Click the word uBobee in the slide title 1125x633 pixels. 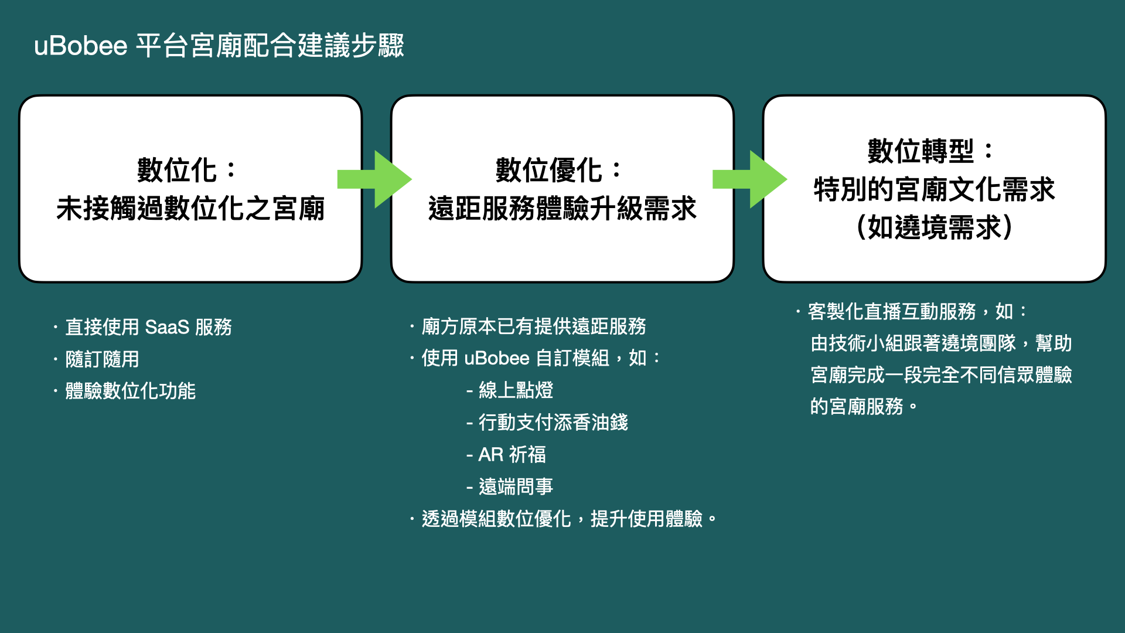coord(81,46)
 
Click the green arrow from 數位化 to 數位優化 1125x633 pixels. coord(374,179)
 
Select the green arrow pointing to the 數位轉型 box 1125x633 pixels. coord(749,179)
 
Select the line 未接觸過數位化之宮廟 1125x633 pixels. coord(190,209)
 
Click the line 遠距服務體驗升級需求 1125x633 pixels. coord(562,209)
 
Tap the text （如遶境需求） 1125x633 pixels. coord(935,227)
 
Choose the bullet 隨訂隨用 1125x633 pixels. coord(102,359)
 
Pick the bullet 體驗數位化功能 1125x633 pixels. coord(130,391)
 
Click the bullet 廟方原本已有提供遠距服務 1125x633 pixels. coord(534,326)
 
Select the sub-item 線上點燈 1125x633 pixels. coord(516,390)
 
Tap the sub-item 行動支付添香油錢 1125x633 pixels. coord(553,423)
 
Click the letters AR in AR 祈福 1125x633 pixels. coord(491,455)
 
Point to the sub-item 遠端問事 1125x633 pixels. coord(516,486)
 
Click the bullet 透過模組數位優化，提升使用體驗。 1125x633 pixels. coord(569,519)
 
